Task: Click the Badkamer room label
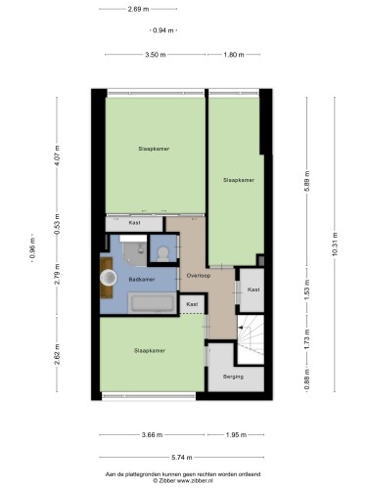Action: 142,280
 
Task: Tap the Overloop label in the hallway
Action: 199,276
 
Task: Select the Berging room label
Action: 233,377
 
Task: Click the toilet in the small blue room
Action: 162,253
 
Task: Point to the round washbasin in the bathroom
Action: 108,278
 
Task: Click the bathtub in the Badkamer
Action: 152,303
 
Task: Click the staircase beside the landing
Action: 251,339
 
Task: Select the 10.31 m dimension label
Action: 335,244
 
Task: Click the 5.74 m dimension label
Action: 182,458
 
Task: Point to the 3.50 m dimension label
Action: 156,55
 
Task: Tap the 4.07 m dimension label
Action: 57,156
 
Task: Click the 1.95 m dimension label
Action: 236,435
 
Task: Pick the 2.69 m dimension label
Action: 138,9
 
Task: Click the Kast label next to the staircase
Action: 253,289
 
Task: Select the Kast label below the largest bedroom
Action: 134,223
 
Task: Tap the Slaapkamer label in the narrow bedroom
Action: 239,180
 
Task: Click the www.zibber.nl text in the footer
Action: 195,480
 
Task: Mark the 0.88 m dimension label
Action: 307,378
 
